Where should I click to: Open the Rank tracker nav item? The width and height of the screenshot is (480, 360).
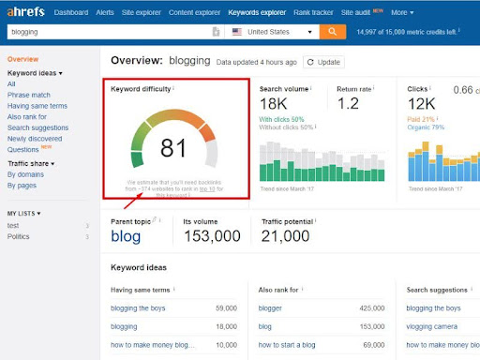click(x=287, y=12)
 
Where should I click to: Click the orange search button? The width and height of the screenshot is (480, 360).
click(x=332, y=31)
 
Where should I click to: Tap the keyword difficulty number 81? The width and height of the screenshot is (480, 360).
click(x=173, y=148)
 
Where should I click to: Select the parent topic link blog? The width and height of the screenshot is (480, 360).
click(x=126, y=236)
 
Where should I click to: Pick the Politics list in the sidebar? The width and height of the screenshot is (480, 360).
click(x=20, y=236)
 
